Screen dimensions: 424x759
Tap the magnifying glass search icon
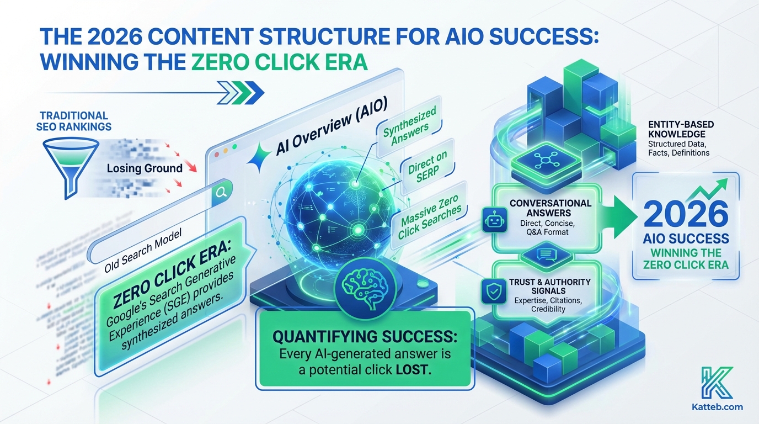coord(222,192)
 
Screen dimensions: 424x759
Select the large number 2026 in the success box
coord(686,215)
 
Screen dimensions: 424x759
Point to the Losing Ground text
coord(145,168)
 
